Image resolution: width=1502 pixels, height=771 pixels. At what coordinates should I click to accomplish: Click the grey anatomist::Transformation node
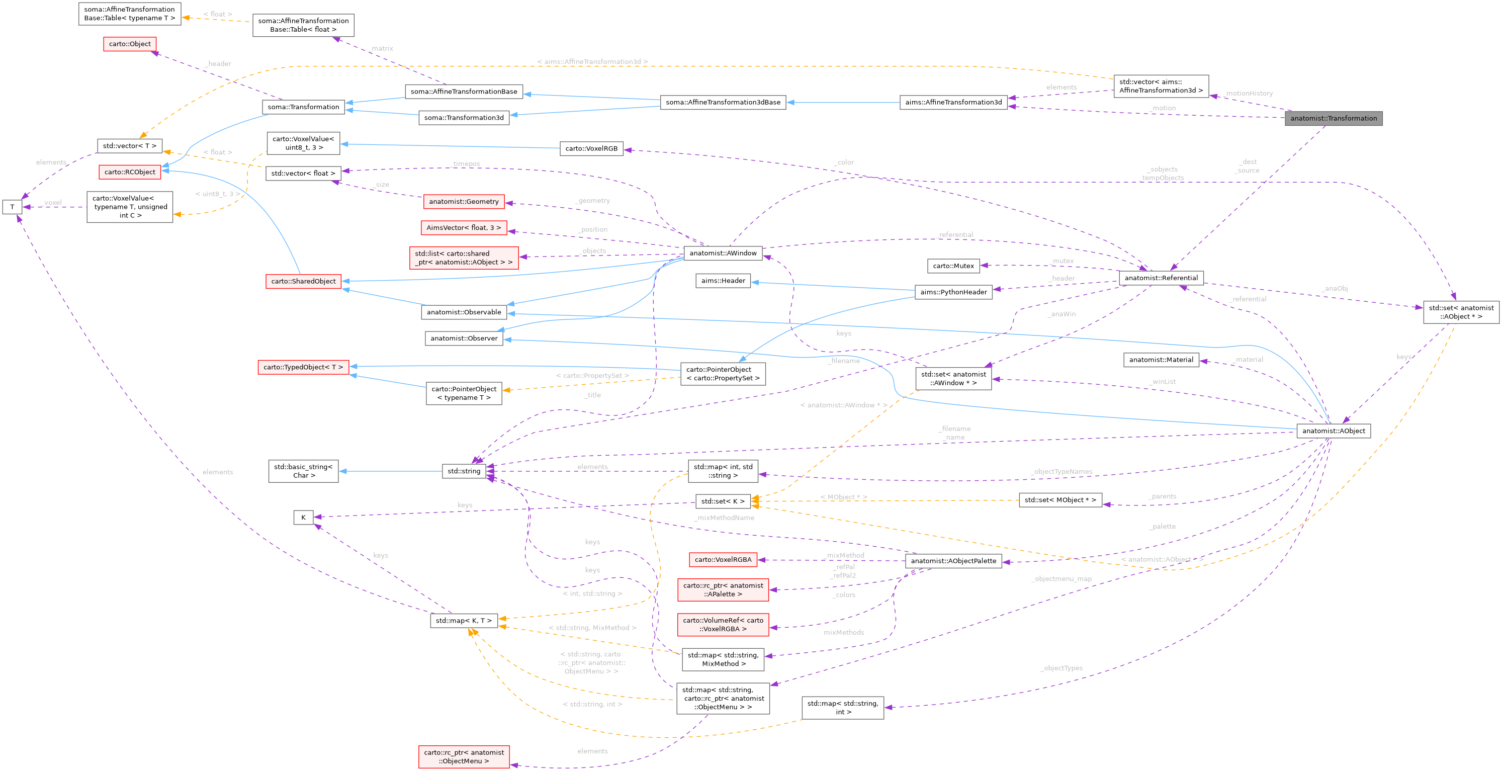(1333, 118)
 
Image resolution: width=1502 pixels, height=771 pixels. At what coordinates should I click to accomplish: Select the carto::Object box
(129, 44)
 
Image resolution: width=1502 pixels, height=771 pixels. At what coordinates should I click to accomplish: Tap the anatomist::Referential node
(1161, 278)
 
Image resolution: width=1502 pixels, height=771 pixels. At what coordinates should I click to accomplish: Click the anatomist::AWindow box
(723, 253)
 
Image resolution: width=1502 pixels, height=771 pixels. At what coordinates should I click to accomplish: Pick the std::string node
(464, 471)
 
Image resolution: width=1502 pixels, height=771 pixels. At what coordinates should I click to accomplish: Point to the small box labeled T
(12, 207)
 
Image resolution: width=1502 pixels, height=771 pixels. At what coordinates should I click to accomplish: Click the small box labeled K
(303, 518)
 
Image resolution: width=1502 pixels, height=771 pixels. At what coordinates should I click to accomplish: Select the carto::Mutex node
(953, 266)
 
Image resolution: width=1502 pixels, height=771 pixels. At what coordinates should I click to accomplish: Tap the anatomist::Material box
(1161, 360)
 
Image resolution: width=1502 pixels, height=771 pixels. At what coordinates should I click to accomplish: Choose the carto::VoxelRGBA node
(723, 559)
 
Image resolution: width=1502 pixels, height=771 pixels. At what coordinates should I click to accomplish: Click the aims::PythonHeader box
(953, 292)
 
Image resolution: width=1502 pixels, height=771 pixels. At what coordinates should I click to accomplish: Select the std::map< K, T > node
(464, 621)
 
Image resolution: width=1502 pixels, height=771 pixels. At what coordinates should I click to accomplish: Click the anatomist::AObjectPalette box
(953, 561)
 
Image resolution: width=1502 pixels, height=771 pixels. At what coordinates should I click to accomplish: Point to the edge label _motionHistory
(1249, 94)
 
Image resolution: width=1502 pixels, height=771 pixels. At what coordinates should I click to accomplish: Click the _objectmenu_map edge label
(1061, 579)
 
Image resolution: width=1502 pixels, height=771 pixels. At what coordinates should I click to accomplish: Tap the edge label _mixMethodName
(724, 518)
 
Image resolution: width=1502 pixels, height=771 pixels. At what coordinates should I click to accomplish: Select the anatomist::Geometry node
(464, 202)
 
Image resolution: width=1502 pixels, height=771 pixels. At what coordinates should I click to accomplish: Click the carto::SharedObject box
(303, 281)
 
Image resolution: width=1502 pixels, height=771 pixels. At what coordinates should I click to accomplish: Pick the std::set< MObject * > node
(1059, 500)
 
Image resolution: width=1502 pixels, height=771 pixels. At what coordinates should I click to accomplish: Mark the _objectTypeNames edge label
(1061, 472)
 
